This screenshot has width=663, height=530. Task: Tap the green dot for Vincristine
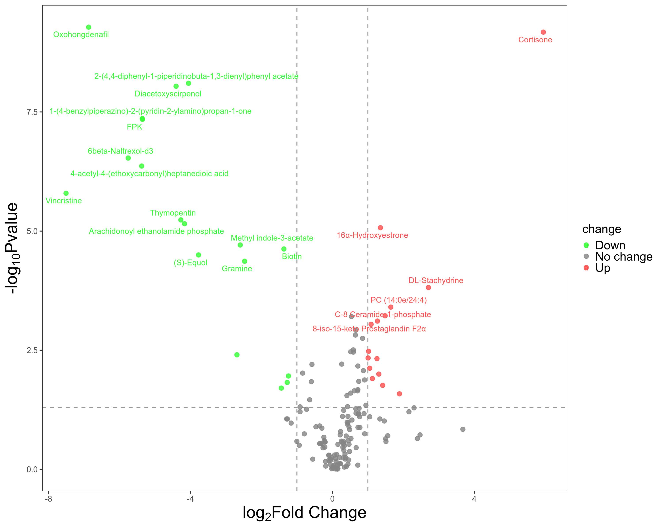tap(66, 193)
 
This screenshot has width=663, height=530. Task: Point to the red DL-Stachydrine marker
tap(428, 288)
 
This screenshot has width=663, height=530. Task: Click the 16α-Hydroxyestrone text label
tap(372, 235)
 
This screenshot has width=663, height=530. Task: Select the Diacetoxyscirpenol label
tap(168, 94)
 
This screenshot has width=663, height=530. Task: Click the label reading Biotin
tap(292, 257)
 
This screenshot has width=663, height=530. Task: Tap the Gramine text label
tap(237, 269)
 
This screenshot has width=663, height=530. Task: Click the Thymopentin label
tap(173, 213)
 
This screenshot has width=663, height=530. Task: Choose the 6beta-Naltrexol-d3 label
tap(120, 151)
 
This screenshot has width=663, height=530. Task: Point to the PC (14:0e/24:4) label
tap(398, 300)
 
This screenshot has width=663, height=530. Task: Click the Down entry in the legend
tap(610, 245)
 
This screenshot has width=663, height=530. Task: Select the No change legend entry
tap(624, 257)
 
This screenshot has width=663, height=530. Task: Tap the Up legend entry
tap(602, 268)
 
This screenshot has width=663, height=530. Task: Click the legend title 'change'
tap(602, 229)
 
